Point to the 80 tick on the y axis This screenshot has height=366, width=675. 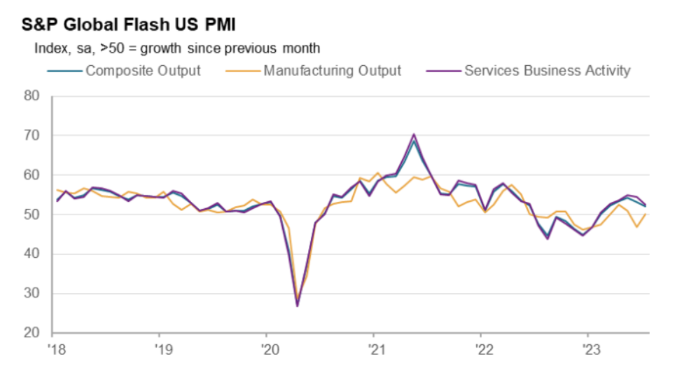33,95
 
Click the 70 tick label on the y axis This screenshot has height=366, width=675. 33,135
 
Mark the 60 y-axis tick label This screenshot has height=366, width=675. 33,175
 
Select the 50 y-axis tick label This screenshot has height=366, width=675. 33,215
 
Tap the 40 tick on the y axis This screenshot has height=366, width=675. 33,254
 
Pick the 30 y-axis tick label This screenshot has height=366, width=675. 33,294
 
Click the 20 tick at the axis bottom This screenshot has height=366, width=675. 33,333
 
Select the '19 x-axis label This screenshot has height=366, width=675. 160,348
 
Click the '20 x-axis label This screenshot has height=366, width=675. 267,348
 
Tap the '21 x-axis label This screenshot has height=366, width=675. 374,348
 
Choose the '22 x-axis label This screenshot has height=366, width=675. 480,348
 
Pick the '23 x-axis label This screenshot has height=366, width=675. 587,348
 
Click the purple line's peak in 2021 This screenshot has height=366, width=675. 414,134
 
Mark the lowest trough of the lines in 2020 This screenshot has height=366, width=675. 297,306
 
